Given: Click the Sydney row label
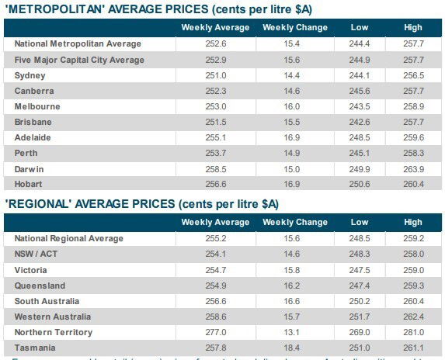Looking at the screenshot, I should point(30,75).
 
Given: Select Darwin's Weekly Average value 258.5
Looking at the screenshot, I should point(215,168).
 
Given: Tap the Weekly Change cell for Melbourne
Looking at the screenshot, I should point(295,106).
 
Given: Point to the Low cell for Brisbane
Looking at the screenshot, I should point(360,122).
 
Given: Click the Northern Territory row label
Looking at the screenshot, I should point(54,332).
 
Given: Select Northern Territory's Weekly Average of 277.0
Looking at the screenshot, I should point(215,332).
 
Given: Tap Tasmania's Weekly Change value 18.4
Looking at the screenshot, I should point(295,348).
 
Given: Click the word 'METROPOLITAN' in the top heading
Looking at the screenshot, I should point(54,9).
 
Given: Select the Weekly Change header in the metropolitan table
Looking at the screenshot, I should point(295,27).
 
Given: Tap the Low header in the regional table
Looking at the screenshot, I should point(360,222).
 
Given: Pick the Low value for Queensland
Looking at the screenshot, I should point(360,286).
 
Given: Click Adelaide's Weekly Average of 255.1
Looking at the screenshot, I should point(215,137).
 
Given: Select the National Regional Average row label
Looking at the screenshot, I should point(69,238).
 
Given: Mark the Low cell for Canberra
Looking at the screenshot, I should point(360,91).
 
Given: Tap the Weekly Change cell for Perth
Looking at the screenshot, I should point(295,153).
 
